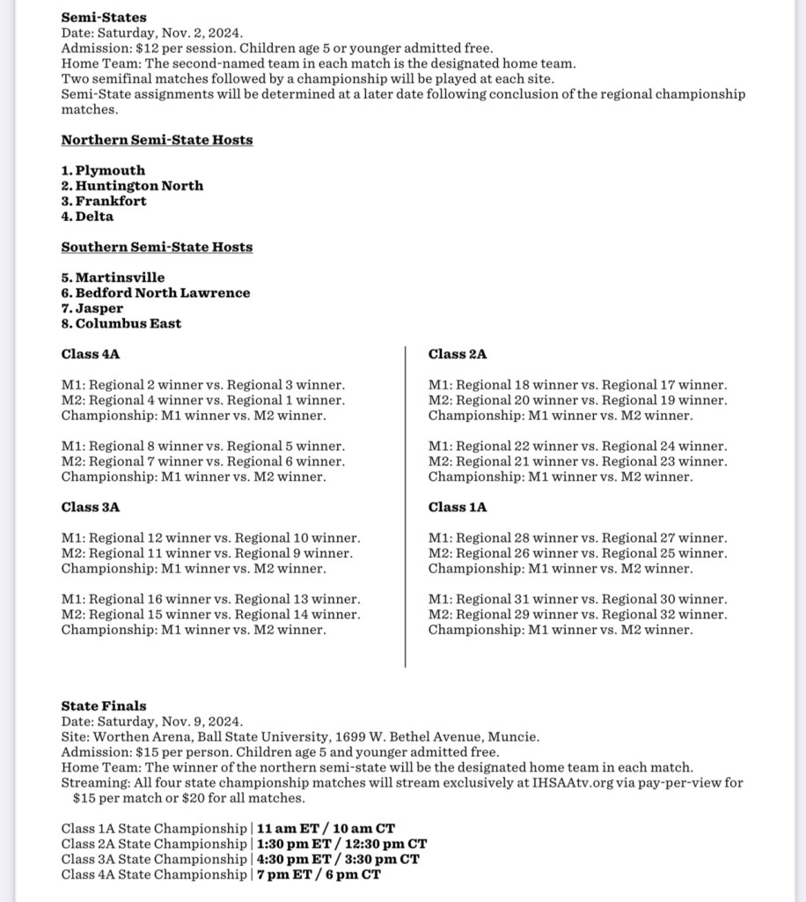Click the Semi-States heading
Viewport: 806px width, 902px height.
(104, 17)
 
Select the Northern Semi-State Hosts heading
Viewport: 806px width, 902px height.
(157, 140)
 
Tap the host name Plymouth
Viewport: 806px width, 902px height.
(110, 170)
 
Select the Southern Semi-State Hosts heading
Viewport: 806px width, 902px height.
(157, 247)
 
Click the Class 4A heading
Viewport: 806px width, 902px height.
(91, 354)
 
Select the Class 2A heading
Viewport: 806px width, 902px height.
(458, 354)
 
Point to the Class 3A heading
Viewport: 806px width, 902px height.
(91, 507)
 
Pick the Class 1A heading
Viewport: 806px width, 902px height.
(458, 507)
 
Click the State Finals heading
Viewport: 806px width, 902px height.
(104, 706)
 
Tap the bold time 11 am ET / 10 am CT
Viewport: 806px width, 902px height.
(326, 829)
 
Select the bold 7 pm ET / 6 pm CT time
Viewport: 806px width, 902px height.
(319, 875)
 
